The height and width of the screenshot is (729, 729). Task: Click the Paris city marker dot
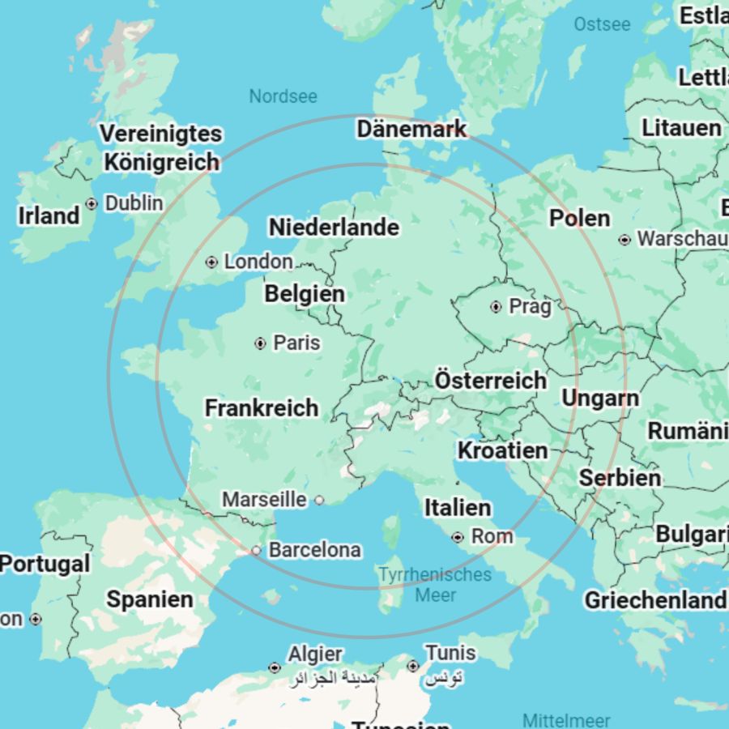pos(260,343)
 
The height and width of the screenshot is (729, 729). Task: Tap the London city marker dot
pos(211,262)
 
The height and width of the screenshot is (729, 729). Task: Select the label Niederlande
pos(334,228)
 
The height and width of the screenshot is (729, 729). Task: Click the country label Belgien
pos(305,293)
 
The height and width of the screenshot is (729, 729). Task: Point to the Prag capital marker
pos(496,307)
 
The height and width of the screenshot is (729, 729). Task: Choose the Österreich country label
pos(490,380)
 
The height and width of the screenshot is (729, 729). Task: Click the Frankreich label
pos(261,407)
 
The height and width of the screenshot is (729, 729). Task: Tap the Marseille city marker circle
pos(319,501)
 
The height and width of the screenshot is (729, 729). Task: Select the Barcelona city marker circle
pos(256,551)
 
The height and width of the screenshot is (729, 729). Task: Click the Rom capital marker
pos(458,537)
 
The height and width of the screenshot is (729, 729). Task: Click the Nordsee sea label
pos(283,96)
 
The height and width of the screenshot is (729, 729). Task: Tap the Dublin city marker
pos(92,203)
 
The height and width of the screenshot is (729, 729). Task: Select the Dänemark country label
pos(411,129)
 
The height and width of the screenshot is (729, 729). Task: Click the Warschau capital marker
pos(625,240)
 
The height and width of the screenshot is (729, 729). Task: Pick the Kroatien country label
pos(502,450)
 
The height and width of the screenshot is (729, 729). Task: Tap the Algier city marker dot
pos(275,667)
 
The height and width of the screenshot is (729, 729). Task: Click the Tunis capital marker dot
pos(413,666)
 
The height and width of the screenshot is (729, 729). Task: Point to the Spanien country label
pos(150,599)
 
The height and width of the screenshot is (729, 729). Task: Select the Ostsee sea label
pos(602,24)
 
